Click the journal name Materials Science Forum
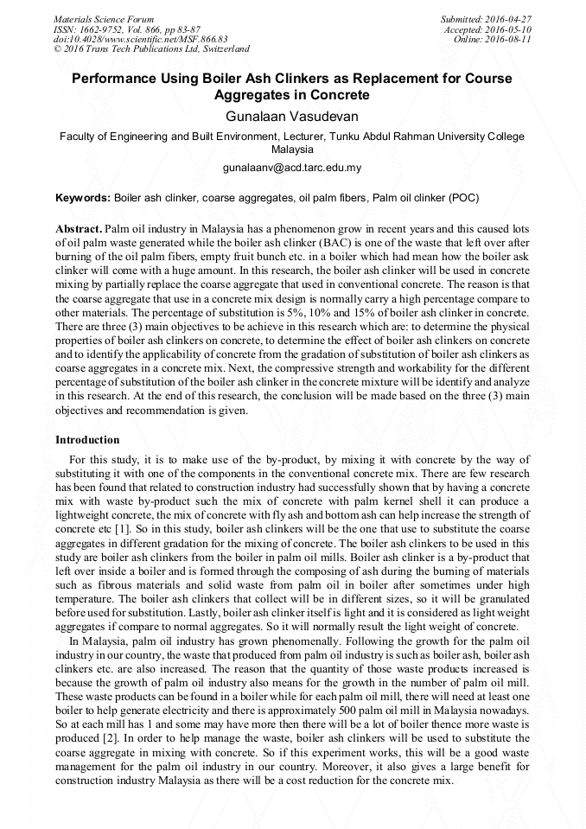pyautogui.click(x=104, y=19)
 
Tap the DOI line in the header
pyautogui.click(x=141, y=39)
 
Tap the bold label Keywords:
pyautogui.click(x=83, y=198)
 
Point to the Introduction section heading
pyautogui.click(x=87, y=440)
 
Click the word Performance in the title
pyautogui.click(x=114, y=79)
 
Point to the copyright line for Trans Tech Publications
pyautogui.click(x=151, y=49)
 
